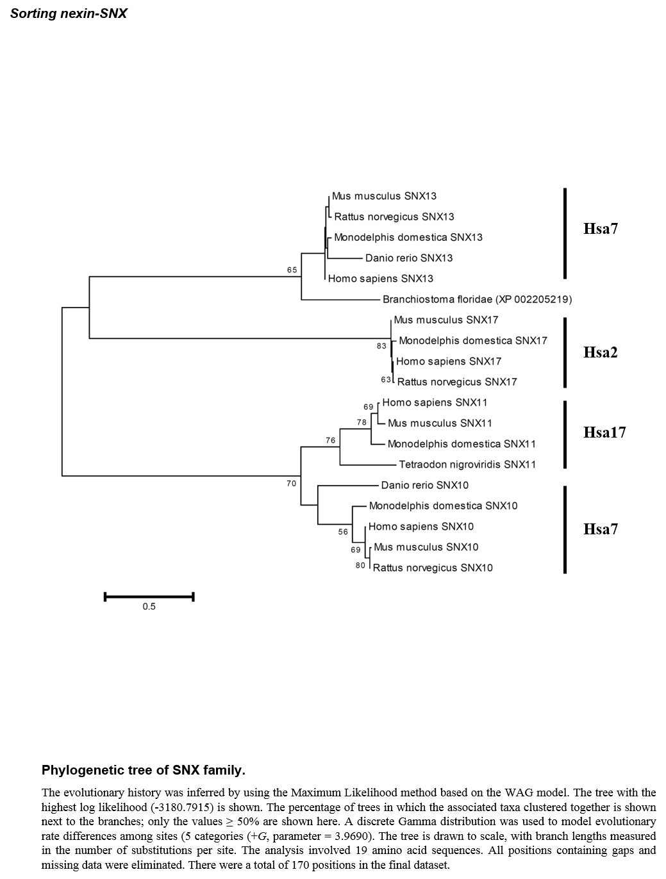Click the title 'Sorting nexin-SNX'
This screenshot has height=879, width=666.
pyautogui.click(x=69, y=13)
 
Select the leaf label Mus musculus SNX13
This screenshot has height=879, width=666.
pyautogui.click(x=384, y=196)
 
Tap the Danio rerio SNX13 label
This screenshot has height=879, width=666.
pyautogui.click(x=409, y=258)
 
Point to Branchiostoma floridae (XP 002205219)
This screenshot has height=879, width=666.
pyautogui.click(x=478, y=299)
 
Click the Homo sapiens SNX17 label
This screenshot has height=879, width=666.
pyautogui.click(x=449, y=361)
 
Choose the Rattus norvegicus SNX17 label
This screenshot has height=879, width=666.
pyautogui.click(x=457, y=382)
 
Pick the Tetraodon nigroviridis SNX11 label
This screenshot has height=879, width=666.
pyautogui.click(x=467, y=464)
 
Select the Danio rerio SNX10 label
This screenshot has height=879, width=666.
pyautogui.click(x=424, y=485)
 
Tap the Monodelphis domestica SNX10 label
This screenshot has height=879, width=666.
pyautogui.click(x=444, y=505)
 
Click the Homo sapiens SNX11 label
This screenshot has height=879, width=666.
pyautogui.click(x=435, y=402)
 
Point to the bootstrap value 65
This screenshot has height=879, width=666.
pyautogui.click(x=292, y=270)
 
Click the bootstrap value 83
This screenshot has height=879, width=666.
pyautogui.click(x=381, y=346)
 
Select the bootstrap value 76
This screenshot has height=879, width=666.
pyautogui.click(x=330, y=441)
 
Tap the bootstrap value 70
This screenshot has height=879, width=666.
pyautogui.click(x=291, y=484)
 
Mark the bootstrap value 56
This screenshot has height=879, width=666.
pyautogui.click(x=343, y=532)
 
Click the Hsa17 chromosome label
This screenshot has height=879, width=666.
pyautogui.click(x=604, y=432)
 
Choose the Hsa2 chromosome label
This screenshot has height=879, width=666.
pyautogui.click(x=601, y=352)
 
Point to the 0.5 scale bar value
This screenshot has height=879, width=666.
pyautogui.click(x=149, y=607)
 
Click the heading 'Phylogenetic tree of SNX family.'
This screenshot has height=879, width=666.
pyautogui.click(x=144, y=770)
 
